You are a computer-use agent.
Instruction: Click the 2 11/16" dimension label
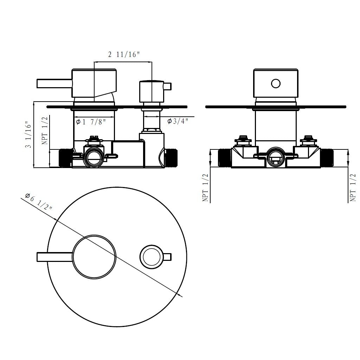click(124, 54)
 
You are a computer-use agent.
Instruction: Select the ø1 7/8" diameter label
click(91, 122)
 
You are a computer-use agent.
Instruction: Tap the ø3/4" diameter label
click(178, 121)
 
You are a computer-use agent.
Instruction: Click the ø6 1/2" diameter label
click(39, 201)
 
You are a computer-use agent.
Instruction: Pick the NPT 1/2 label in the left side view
click(45, 131)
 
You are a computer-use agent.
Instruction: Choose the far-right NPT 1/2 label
click(353, 188)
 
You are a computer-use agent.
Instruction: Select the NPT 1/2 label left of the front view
click(206, 188)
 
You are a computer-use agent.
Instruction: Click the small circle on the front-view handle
click(276, 83)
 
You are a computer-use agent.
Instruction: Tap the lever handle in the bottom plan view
click(54, 257)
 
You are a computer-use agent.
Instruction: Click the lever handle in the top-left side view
click(54, 84)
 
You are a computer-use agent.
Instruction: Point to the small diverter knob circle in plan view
click(151, 257)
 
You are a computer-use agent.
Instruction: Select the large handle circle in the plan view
click(94, 257)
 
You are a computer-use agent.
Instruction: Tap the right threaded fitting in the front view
click(327, 158)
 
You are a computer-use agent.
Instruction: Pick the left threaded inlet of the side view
click(65, 158)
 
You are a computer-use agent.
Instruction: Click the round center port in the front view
click(276, 157)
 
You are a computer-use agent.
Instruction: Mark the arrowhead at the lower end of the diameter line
click(181, 296)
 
